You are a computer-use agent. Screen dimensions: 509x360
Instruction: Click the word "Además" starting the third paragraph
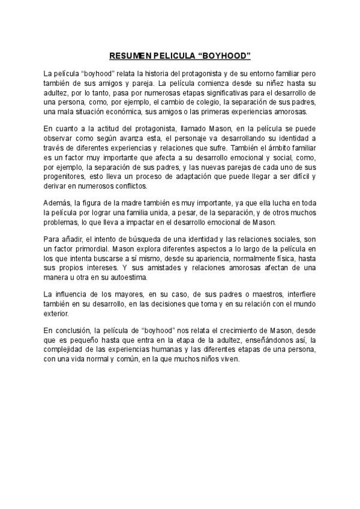(x=58, y=203)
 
